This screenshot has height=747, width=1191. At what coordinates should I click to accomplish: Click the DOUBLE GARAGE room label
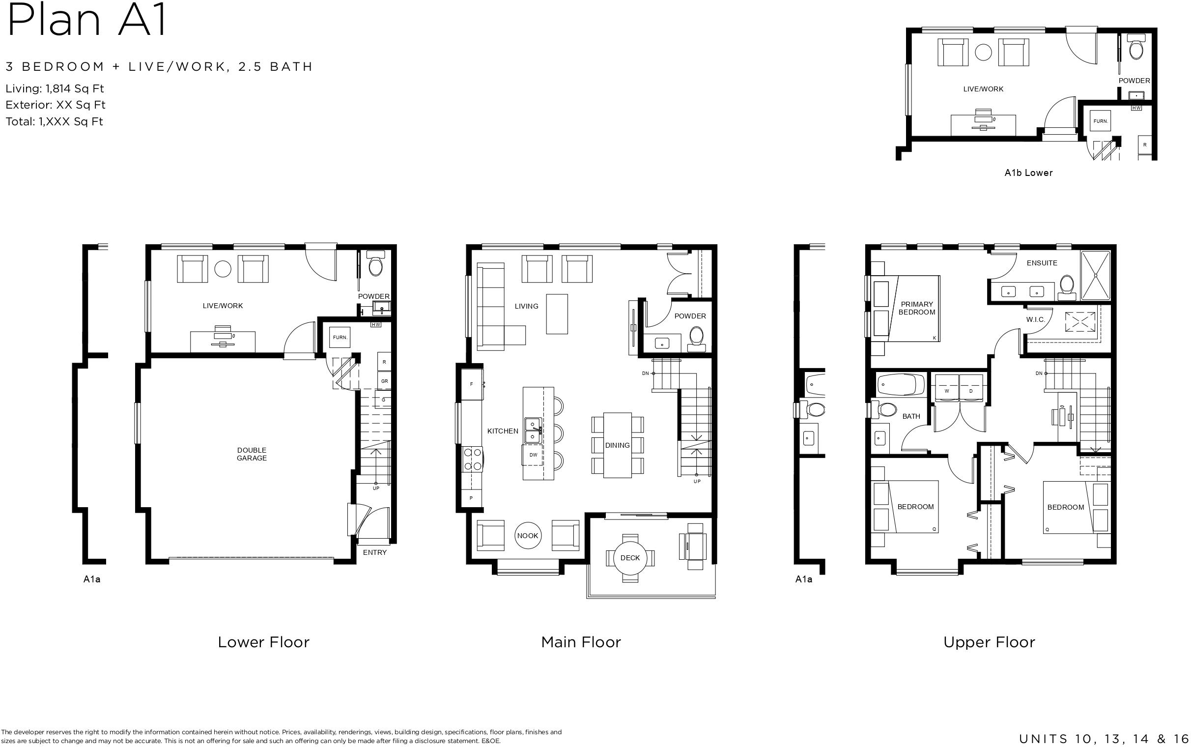(252, 454)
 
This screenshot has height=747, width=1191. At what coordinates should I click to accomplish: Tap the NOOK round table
(527, 536)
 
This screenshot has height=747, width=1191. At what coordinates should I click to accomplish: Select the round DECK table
(629, 558)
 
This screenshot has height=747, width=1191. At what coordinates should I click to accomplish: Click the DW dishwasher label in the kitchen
(533, 455)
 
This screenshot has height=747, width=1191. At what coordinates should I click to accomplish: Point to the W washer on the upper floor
(947, 391)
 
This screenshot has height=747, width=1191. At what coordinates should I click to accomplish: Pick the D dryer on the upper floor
(971, 391)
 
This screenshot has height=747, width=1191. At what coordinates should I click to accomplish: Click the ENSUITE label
(1042, 263)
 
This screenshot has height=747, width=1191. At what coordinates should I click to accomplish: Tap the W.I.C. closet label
(1035, 319)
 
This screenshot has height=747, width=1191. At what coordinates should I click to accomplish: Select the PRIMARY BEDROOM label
(917, 308)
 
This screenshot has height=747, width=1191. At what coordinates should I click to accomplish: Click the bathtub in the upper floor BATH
(901, 385)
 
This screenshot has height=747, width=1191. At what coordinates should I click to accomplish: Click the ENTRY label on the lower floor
(375, 552)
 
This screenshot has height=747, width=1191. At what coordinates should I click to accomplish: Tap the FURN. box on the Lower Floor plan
(340, 338)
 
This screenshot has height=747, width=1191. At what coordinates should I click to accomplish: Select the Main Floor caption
(581, 642)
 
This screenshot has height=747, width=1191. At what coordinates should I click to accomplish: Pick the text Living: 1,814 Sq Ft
(55, 89)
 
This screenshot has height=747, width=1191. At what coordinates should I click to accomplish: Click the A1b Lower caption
(1028, 173)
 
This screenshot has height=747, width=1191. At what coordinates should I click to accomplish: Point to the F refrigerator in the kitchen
(472, 384)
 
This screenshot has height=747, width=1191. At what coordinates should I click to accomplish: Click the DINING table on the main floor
(617, 445)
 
